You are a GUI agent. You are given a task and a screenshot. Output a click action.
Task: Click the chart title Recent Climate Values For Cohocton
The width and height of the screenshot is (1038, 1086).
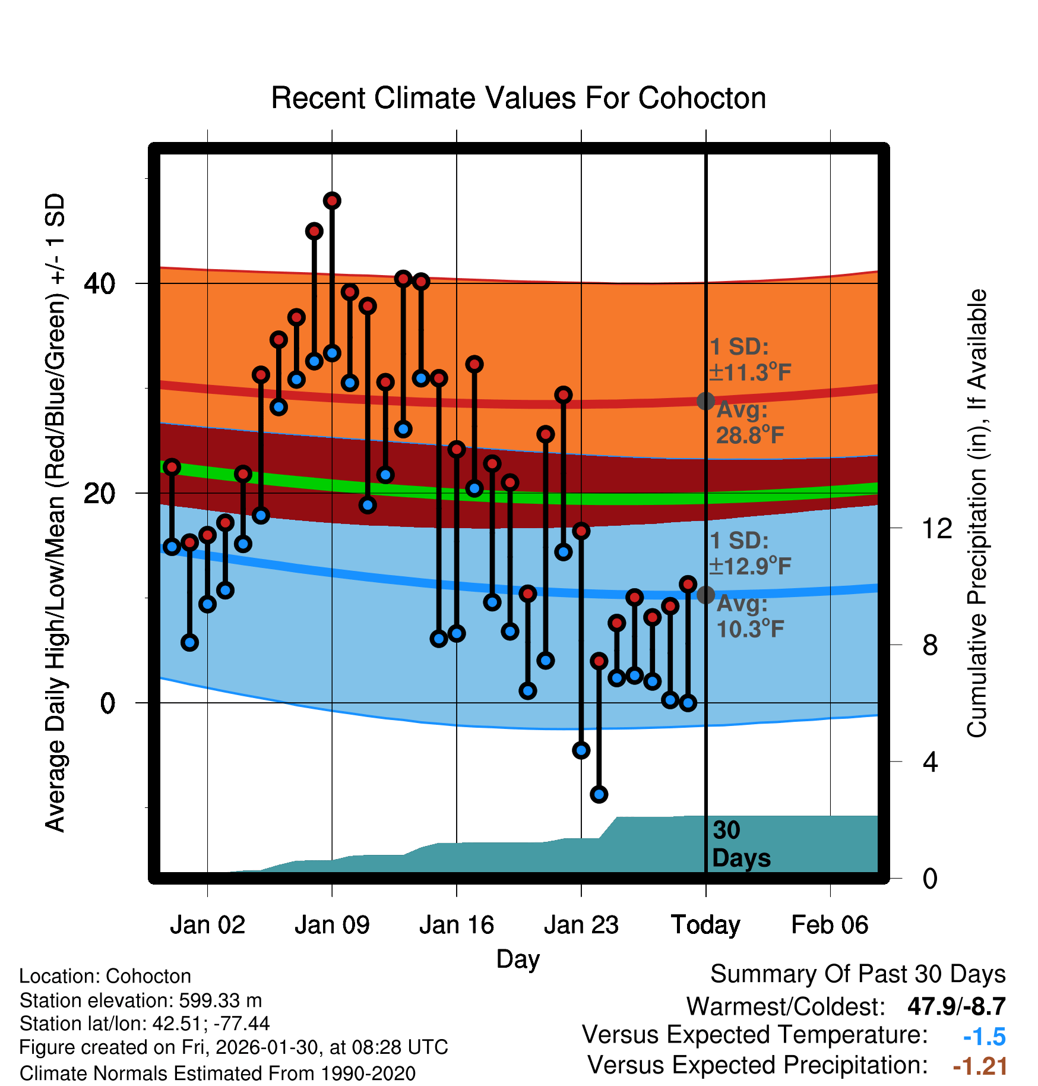pos(518,98)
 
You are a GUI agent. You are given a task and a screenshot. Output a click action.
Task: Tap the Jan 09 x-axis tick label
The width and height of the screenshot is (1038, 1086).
pos(332,925)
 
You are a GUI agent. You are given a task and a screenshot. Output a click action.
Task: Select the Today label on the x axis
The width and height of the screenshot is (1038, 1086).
pos(705,925)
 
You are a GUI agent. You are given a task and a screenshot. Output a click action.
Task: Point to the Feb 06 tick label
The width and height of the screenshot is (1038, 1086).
pos(830,925)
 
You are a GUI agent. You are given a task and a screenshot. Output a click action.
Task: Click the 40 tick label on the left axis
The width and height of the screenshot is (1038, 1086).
pos(99,284)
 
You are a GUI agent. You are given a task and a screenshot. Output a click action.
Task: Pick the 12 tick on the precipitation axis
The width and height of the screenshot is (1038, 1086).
pos(937,528)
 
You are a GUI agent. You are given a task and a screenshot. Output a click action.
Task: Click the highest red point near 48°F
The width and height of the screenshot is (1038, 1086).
pos(332,201)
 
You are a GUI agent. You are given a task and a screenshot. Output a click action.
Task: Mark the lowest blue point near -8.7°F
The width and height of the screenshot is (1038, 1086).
pos(599,794)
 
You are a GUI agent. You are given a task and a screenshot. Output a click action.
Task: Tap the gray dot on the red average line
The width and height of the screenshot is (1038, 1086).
pos(705,401)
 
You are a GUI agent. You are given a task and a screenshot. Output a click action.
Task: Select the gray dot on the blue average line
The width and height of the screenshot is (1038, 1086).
pos(705,595)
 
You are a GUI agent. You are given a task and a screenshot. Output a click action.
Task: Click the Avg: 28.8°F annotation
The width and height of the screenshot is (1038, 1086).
pos(749,423)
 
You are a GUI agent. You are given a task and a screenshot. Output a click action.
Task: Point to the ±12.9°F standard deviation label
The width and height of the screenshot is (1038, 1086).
pos(750,566)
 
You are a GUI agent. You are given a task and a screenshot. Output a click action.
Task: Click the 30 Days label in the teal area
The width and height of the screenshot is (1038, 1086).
pos(740,844)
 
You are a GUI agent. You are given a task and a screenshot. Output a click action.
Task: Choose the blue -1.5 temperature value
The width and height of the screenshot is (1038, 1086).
pos(984,1037)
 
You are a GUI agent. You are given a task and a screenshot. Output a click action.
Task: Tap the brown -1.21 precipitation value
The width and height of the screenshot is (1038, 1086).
pos(980,1066)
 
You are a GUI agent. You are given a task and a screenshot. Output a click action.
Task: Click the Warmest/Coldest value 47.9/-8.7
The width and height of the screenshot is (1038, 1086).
pos(956,1006)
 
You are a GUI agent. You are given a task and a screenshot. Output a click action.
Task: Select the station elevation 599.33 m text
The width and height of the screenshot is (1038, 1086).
pos(141,1000)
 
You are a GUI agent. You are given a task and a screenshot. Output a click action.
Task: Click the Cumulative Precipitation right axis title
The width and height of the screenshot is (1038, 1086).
pos(976,514)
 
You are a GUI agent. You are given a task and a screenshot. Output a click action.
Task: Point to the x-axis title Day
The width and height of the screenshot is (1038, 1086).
pos(518,959)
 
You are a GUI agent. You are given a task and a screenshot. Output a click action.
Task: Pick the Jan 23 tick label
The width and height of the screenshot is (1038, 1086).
pos(581,925)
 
